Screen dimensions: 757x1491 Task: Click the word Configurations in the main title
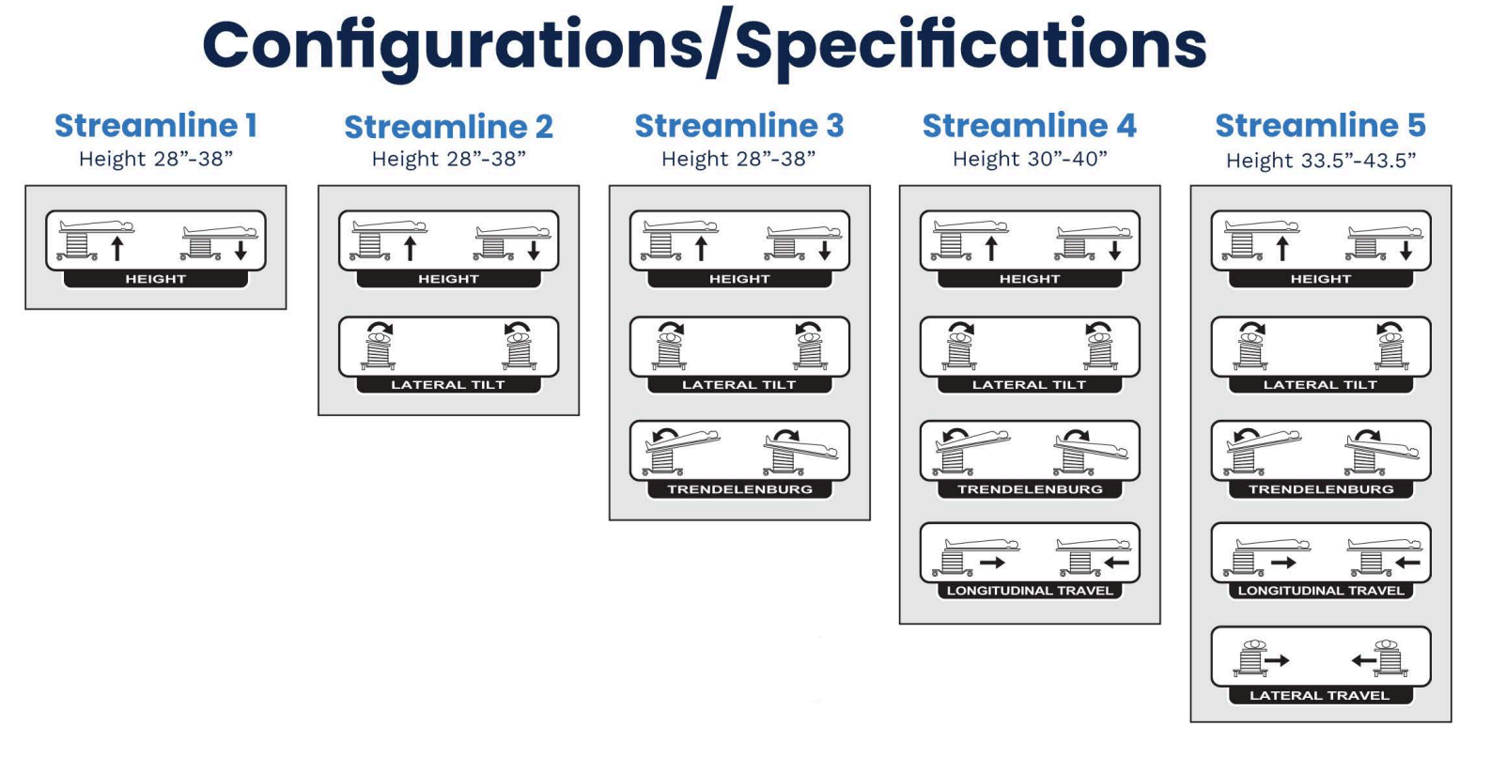[451, 45]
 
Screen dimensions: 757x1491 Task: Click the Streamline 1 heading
[155, 126]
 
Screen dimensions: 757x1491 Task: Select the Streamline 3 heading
[739, 126]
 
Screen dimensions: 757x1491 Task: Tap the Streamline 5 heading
[1320, 126]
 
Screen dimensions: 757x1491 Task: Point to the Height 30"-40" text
[1030, 160]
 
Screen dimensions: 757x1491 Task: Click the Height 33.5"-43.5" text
[1320, 161]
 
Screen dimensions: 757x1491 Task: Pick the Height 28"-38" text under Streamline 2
[448, 160]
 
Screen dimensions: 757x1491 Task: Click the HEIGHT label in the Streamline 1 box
[156, 279]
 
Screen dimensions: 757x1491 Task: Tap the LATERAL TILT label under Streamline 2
[448, 385]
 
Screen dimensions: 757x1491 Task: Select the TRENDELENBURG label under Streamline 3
[739, 489]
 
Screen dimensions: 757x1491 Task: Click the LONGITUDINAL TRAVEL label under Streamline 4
[1030, 591]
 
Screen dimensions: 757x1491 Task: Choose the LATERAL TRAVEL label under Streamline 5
[1319, 696]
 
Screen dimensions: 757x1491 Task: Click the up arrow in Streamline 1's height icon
[117, 249]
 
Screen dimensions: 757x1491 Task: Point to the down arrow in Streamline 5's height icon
[1406, 249]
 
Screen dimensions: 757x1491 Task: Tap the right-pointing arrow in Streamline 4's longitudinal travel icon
[992, 563]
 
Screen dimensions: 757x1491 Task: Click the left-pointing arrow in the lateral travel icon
[1362, 660]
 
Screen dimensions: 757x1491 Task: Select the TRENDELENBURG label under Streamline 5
[1320, 489]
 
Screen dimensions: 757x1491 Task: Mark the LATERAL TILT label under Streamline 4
[1030, 385]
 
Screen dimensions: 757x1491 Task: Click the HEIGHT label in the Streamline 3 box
[739, 279]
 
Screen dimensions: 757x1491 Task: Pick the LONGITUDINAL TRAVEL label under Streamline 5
[1320, 591]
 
